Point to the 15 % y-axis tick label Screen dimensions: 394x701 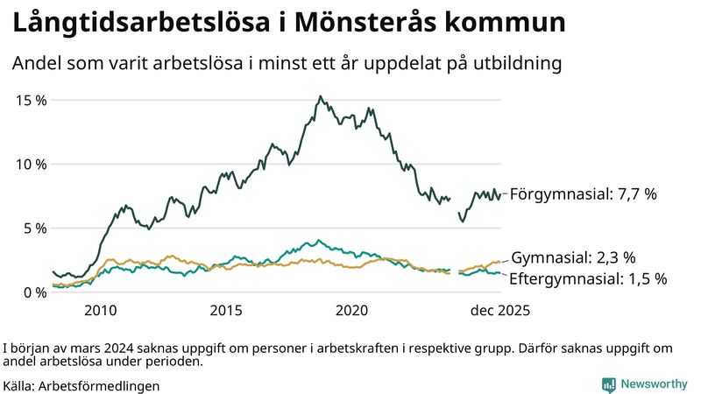click(32, 100)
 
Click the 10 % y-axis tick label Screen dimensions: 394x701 click(32, 164)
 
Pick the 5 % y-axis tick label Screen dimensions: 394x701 click(35, 228)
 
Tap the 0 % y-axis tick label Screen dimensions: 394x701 click(35, 292)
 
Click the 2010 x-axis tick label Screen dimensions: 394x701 click(100, 310)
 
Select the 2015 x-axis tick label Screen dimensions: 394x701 click(226, 310)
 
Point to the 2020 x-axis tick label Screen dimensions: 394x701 click(352, 310)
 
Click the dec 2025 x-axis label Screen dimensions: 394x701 click(501, 310)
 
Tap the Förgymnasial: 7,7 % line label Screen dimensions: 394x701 click(583, 194)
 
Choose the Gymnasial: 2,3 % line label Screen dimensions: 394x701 click(573, 257)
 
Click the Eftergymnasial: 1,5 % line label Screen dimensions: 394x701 click(588, 278)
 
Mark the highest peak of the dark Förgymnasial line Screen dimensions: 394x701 click(321, 96)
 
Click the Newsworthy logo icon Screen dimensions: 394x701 click(608, 383)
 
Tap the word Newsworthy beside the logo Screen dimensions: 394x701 click(655, 383)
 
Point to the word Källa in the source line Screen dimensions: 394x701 click(18, 384)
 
